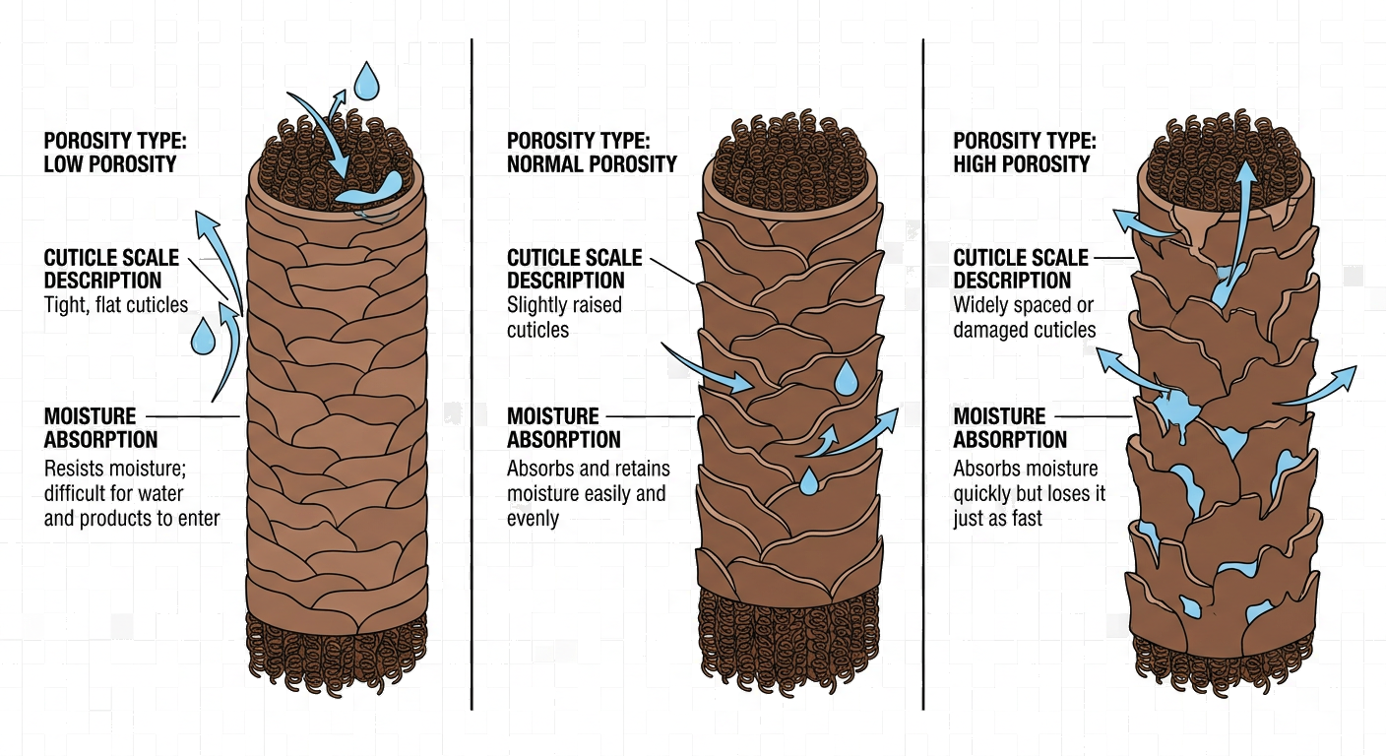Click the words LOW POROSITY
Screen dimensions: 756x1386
(109, 164)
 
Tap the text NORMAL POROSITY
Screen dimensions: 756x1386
(592, 164)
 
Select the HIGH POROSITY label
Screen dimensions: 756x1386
(1021, 164)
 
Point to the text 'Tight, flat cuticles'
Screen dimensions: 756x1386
(116, 304)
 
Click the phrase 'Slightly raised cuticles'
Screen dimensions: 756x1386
(564, 317)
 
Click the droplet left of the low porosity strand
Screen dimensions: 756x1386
(203, 336)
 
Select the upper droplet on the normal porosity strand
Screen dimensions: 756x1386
(846, 377)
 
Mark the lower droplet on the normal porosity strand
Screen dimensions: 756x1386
(808, 481)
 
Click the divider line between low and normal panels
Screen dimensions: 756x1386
(472, 374)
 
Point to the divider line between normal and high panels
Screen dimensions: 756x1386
(922, 374)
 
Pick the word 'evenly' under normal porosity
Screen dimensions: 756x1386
(533, 518)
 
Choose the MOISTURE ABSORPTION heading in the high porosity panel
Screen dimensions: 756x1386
(1010, 427)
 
